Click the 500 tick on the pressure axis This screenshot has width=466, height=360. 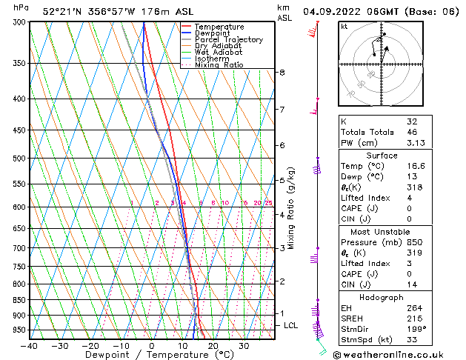tap(19, 158)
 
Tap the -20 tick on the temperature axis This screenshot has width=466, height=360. tap(90, 345)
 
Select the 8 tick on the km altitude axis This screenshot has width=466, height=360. tap(282, 72)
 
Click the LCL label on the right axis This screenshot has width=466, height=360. tap(291, 325)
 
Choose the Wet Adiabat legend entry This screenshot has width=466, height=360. tap(219, 53)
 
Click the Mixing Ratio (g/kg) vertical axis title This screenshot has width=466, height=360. tap(291, 208)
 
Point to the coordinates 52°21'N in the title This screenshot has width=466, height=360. tap(64, 12)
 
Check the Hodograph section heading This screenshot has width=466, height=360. tap(381, 297)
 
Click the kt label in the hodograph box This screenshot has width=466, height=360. tap(344, 26)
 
